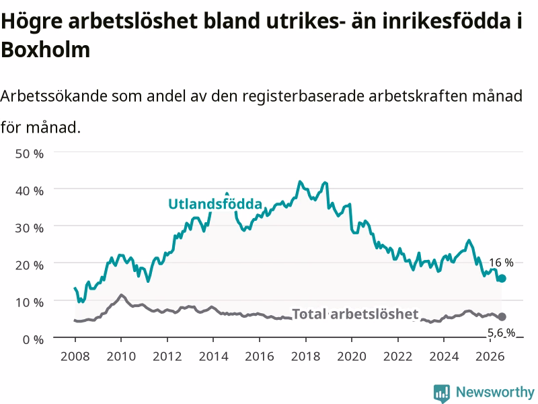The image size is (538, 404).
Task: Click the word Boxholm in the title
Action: (46, 49)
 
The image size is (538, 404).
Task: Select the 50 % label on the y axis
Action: (30, 154)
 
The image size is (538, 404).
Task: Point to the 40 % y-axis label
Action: (30, 191)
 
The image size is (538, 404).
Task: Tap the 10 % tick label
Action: (30, 302)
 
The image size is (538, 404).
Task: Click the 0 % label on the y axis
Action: (33, 339)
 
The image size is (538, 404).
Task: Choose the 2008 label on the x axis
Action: (75, 356)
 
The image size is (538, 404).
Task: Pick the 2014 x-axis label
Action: (213, 356)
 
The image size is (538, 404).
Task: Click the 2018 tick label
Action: (306, 356)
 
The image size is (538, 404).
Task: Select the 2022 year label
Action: (398, 356)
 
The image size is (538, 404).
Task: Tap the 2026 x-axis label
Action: (490, 356)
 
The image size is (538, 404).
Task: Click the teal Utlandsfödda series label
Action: (215, 204)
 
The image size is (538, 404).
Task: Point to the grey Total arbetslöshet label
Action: (355, 314)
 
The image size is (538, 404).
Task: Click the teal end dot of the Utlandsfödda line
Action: (502, 278)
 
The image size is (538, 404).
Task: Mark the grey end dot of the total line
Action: (502, 316)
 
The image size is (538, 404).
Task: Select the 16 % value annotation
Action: (501, 263)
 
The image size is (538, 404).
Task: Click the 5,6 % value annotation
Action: (501, 333)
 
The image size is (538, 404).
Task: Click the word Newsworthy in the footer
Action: (495, 392)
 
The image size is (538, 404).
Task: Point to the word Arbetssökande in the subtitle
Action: (54, 96)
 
